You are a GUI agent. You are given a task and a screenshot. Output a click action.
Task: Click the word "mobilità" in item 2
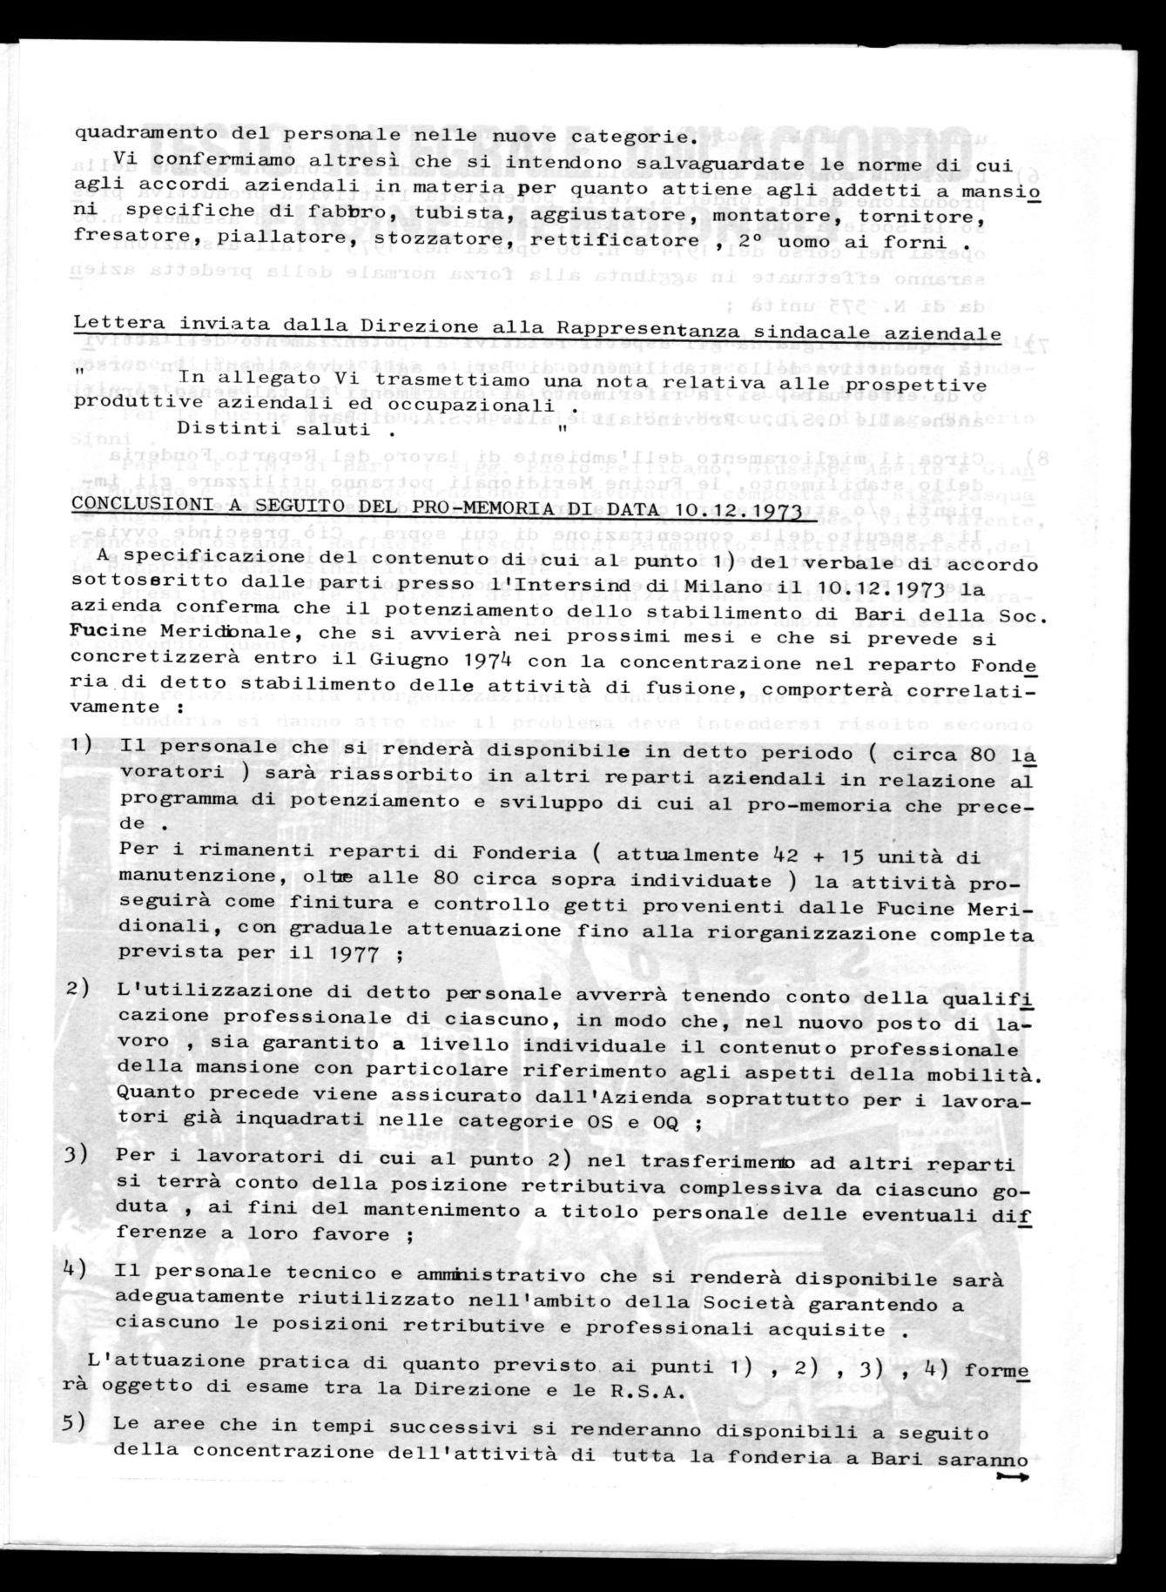996,1075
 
